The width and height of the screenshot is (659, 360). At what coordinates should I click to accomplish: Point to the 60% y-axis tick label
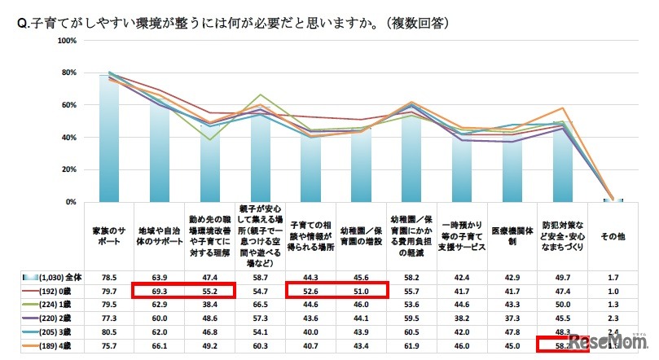(70, 105)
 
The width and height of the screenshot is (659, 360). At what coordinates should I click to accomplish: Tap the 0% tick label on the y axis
(72, 201)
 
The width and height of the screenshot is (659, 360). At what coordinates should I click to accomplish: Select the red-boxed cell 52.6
(311, 291)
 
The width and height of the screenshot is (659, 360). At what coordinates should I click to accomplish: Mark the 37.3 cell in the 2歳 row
(512, 319)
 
